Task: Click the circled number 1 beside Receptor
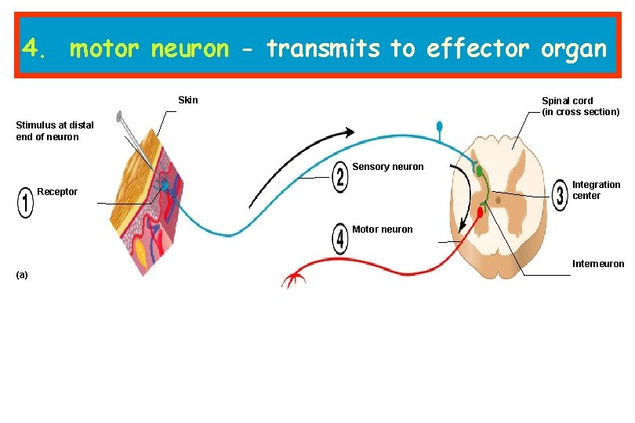coord(26,203)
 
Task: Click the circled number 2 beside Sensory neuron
coord(339,176)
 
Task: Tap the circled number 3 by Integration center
coord(560,195)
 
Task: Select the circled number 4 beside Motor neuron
coord(339,238)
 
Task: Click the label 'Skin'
coord(188,100)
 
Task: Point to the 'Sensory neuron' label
coord(387,167)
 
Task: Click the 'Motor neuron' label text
coord(382,230)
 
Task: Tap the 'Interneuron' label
coord(598,264)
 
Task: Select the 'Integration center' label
coord(596,190)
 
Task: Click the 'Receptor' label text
coord(57,192)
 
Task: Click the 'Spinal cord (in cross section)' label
coord(580,107)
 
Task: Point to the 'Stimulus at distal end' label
coord(55,131)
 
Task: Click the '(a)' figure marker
coord(22,275)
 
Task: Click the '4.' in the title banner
coord(35,49)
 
